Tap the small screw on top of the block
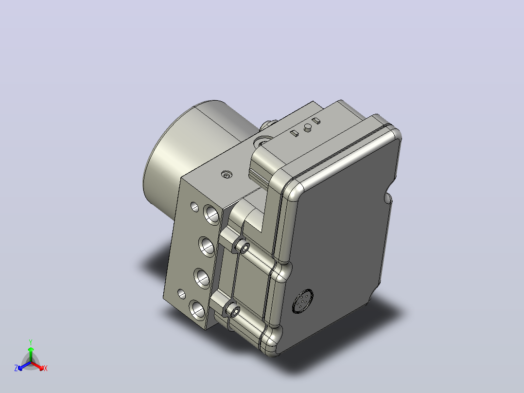coord(227,174)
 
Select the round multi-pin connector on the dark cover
coord(303,302)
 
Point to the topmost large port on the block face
coord(211,214)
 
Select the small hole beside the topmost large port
coord(194,207)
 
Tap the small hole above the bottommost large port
coord(181,294)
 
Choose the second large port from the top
coord(207,247)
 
